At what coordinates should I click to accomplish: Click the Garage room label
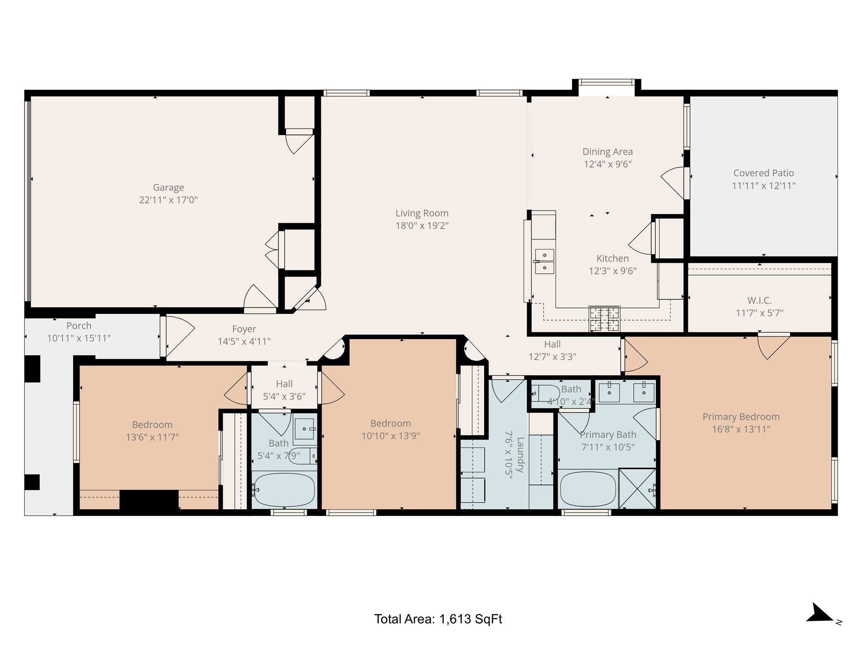[168, 187]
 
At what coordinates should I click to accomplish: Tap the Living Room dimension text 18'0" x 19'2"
[422, 226]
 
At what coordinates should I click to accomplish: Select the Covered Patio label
[764, 173]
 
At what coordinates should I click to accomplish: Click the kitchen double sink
[544, 261]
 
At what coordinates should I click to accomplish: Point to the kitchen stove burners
[604, 319]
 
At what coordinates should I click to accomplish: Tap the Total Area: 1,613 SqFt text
[438, 619]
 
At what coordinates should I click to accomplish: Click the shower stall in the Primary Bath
[637, 489]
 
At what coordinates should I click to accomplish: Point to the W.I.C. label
[759, 301]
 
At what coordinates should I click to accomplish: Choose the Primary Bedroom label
[741, 417]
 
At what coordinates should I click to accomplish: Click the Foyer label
[244, 329]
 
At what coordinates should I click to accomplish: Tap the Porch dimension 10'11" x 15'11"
[79, 338]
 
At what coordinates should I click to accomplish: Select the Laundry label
[521, 455]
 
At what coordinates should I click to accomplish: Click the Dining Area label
[607, 152]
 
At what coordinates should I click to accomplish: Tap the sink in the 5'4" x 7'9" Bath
[304, 429]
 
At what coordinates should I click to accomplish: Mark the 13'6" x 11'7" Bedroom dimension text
[152, 437]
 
